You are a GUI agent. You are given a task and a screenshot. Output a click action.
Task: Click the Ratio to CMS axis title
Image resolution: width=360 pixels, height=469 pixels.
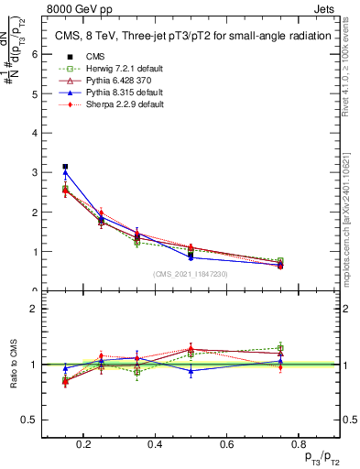click(x=15, y=364)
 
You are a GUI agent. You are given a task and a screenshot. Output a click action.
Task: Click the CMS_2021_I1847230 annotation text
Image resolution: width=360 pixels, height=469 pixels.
click(x=191, y=273)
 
